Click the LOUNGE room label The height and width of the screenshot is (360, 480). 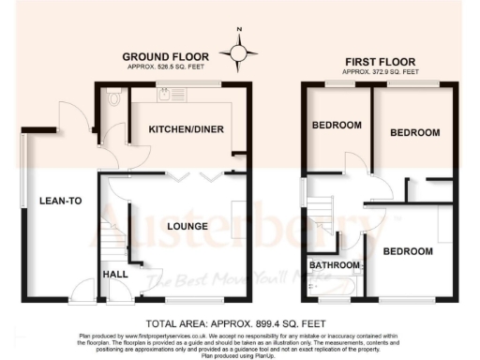click(187, 225)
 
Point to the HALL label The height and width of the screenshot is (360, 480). click(115, 274)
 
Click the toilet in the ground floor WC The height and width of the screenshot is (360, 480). click(112, 96)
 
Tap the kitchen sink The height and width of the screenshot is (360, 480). click(165, 94)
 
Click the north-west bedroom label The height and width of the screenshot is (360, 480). click(337, 126)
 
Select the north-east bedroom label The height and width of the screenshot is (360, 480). click(414, 132)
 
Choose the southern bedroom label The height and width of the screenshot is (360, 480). click(407, 252)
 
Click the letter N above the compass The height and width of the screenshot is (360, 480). click(239, 34)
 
